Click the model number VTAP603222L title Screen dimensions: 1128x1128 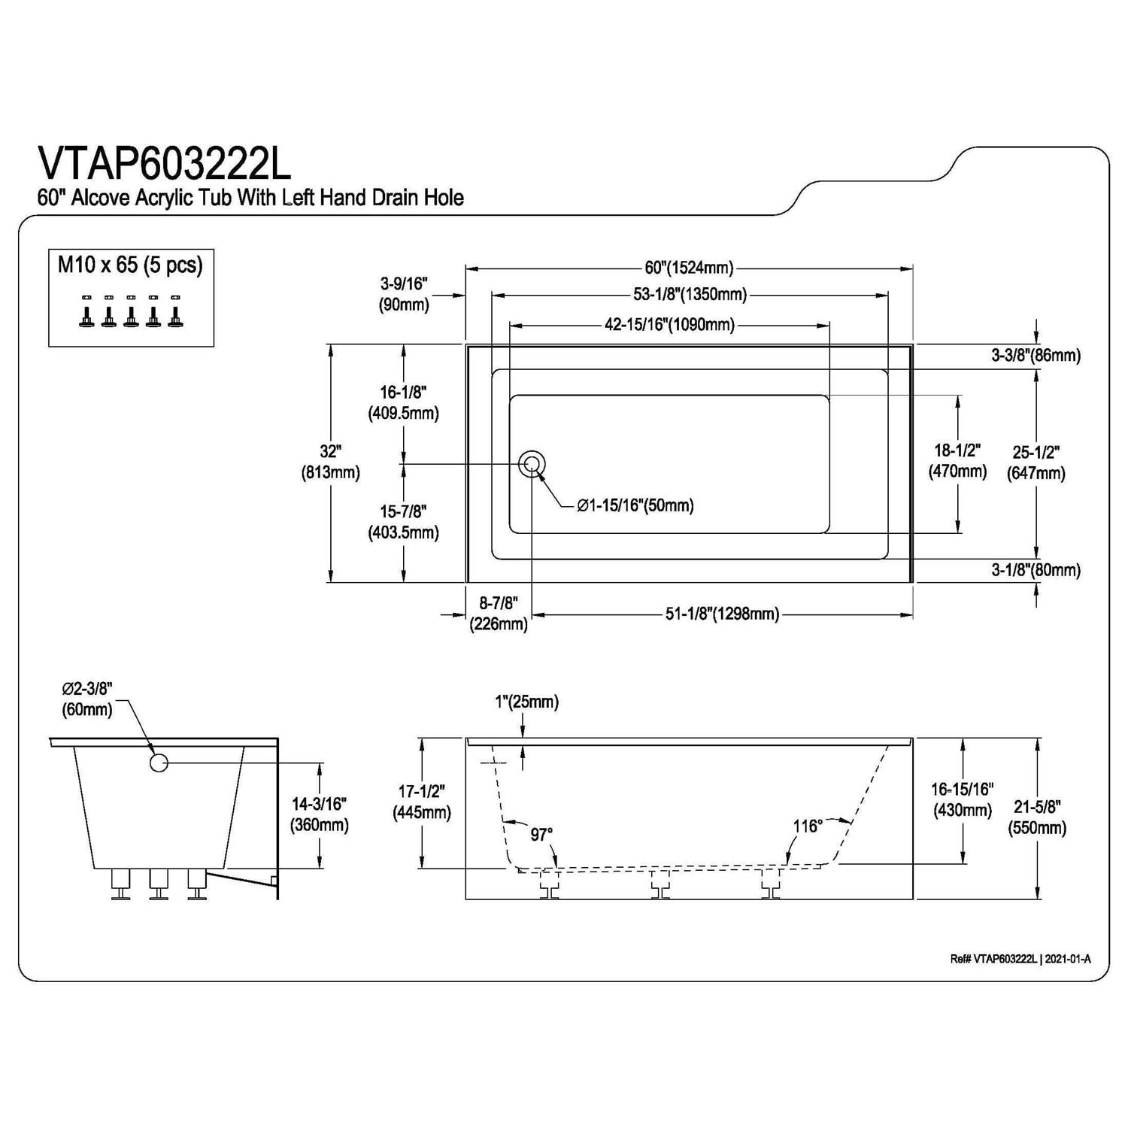tap(164, 164)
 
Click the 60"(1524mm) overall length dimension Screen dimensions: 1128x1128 tap(689, 268)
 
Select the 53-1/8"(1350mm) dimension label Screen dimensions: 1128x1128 tap(690, 294)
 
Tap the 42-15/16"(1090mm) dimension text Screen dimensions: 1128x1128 tap(669, 325)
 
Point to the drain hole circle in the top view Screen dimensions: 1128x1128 tap(532, 464)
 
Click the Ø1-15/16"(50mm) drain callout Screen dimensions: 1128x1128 tap(635, 506)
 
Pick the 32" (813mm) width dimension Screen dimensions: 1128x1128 tap(330, 462)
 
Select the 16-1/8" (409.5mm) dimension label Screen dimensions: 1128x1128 tap(403, 402)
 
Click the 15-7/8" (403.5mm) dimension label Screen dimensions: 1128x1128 tap(403, 522)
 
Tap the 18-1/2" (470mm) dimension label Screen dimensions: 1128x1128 tap(957, 461)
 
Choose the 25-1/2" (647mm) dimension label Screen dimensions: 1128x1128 tap(1036, 462)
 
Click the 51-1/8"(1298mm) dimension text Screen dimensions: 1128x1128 tap(722, 614)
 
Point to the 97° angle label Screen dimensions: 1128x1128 tap(541, 835)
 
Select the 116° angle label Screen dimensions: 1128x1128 tap(807, 826)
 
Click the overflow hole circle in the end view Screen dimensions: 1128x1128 tap(158, 763)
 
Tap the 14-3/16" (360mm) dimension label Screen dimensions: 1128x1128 tap(320, 814)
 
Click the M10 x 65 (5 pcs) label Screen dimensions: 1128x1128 tap(130, 265)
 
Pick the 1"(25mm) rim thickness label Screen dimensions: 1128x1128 tap(526, 702)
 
